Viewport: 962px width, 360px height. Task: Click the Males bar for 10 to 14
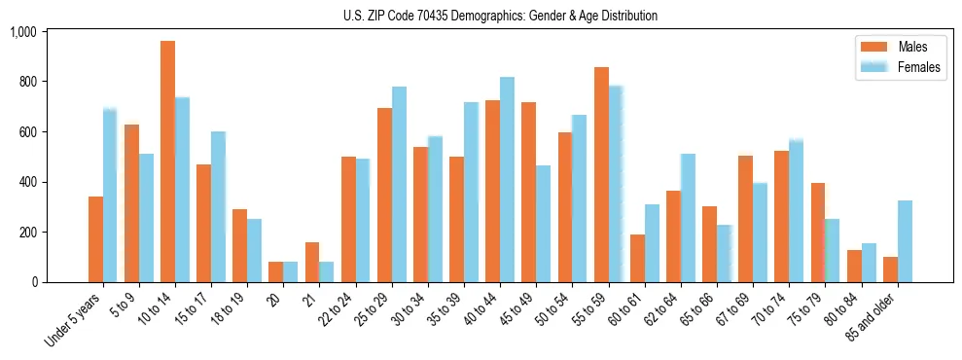[167, 162]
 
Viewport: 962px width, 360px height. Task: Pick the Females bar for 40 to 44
[508, 180]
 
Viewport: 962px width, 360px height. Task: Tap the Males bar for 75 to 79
[818, 233]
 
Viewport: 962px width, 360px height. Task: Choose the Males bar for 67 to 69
[746, 219]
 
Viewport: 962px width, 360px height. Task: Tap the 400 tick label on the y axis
[26, 182]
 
